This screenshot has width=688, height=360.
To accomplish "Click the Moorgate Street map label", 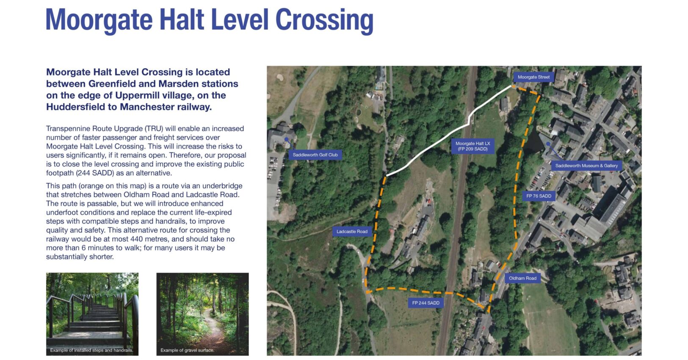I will click(533, 77).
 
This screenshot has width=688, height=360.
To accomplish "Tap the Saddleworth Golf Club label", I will click(315, 155).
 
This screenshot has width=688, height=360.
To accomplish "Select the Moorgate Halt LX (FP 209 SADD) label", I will click(472, 146).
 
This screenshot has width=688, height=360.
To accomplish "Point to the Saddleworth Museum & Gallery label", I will click(586, 166).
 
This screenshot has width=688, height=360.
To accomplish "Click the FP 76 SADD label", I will click(539, 196).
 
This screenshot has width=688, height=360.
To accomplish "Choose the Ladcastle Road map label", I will click(352, 232).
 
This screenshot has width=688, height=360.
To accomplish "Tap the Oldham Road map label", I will click(522, 278).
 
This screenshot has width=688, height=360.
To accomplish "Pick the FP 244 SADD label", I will click(426, 303).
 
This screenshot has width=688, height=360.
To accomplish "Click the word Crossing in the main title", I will click(324, 20).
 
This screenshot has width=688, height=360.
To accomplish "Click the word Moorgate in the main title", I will click(99, 20).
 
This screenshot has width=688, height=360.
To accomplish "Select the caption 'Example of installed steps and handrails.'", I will click(91, 350).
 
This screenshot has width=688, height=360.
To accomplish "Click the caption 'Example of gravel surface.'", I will click(187, 350).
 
